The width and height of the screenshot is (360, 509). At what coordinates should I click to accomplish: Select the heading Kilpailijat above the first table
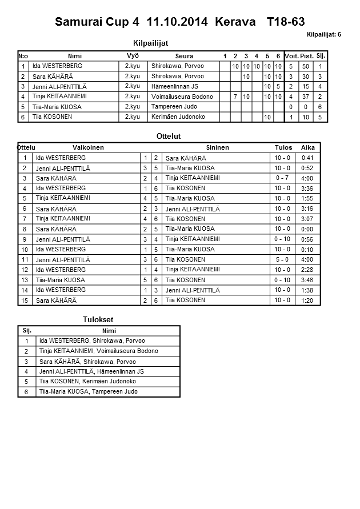[150, 43]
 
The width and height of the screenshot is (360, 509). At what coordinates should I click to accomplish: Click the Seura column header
[184, 56]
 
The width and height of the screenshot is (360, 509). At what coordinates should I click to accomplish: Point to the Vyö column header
[133, 55]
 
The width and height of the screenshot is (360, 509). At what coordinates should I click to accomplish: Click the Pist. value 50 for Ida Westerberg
[306, 66]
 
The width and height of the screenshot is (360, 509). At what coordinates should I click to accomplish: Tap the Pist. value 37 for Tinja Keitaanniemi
[306, 97]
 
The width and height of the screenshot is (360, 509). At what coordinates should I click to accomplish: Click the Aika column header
[307, 147]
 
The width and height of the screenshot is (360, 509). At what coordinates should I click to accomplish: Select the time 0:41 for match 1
[307, 157]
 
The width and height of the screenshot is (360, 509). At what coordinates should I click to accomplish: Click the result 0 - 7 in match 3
[282, 178]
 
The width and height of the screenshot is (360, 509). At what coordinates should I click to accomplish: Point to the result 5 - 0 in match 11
[282, 259]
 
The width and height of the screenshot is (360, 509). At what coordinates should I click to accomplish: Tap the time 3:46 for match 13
[307, 280]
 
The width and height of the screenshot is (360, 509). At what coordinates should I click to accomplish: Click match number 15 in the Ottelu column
[25, 300]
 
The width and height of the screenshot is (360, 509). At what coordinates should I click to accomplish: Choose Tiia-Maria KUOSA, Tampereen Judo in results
[88, 391]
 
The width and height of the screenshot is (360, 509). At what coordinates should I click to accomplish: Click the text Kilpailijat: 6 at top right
[323, 34]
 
